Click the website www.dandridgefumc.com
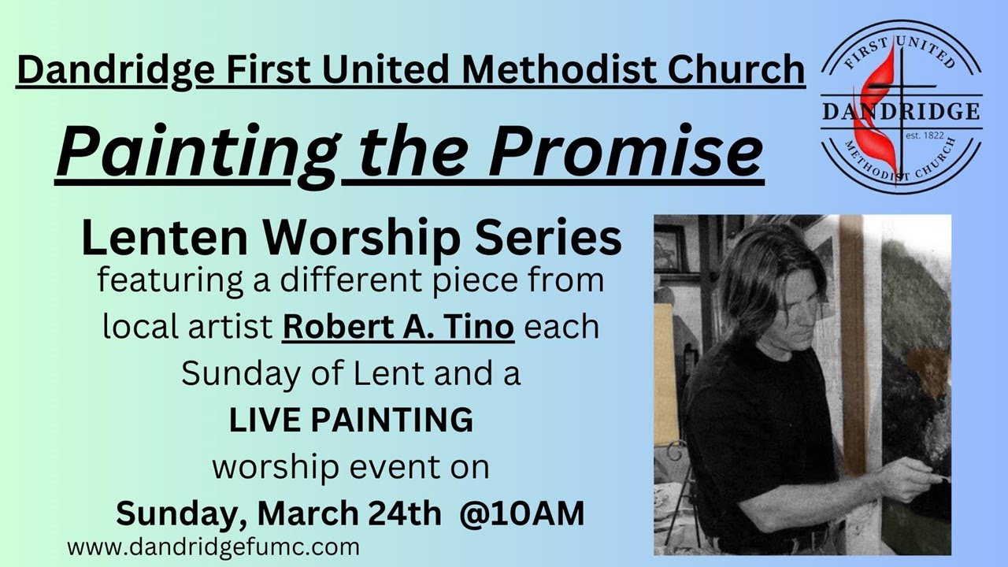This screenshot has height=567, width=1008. pyautogui.click(x=213, y=546)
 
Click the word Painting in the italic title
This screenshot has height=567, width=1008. pyautogui.click(x=195, y=152)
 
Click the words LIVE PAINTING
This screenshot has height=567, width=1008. pyautogui.click(x=351, y=421)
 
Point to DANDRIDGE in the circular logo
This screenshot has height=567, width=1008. pyautogui.click(x=901, y=112)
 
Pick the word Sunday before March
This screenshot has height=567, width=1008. pyautogui.click(x=180, y=513)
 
